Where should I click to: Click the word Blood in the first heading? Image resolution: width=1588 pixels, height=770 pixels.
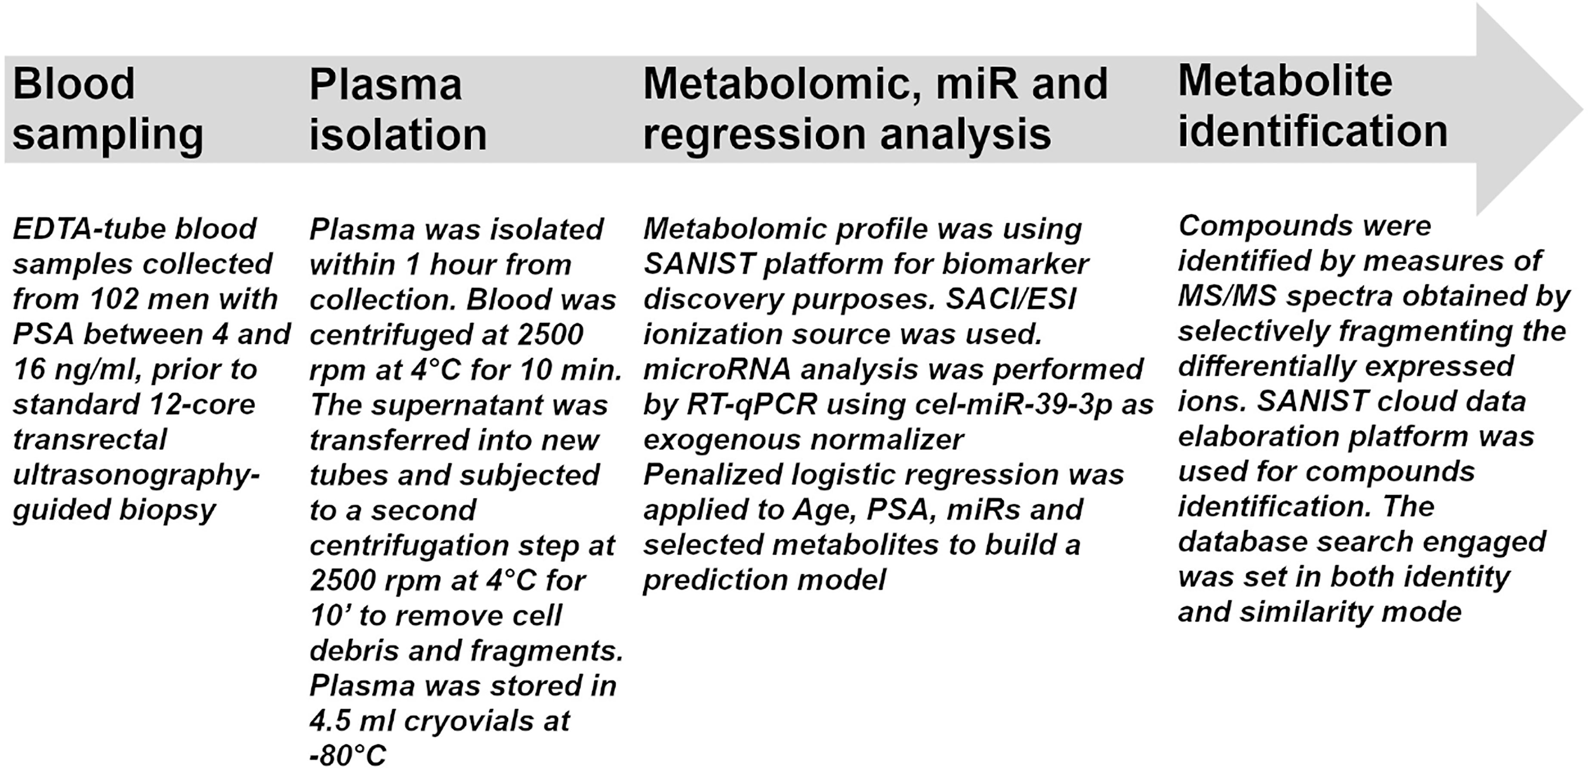(74, 84)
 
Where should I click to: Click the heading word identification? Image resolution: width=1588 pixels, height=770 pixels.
(1313, 131)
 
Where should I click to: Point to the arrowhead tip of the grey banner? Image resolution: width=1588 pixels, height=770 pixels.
(1582, 110)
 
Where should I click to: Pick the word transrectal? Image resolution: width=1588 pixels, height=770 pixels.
(90, 439)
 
